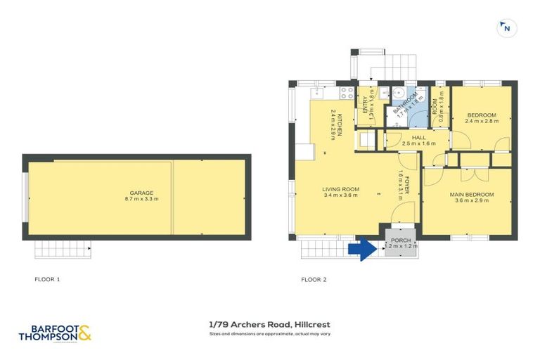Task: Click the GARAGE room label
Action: tap(141, 193)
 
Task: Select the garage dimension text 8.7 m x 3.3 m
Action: tap(141, 200)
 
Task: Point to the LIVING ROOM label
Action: tap(341, 188)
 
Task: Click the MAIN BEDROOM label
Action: tap(471, 194)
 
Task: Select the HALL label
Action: tap(419, 137)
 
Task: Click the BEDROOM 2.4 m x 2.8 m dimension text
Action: tap(482, 121)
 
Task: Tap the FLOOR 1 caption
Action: tap(47, 279)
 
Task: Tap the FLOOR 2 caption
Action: tap(314, 279)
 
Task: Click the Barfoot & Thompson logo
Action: tap(55, 331)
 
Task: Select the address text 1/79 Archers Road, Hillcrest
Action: tap(269, 324)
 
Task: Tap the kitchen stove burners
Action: tap(347, 92)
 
